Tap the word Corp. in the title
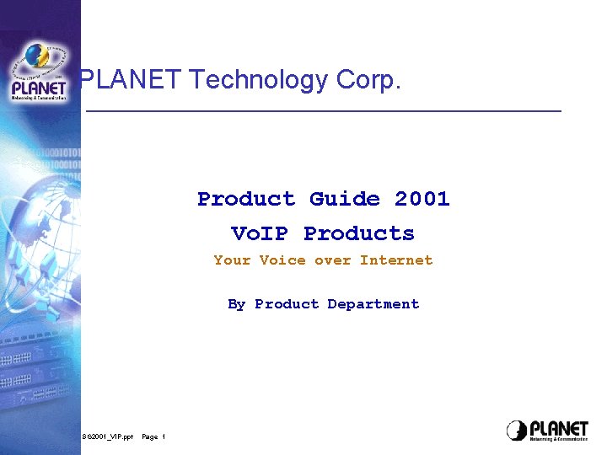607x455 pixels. [368, 80]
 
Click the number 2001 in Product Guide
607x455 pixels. [422, 199]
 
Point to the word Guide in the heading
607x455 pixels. [344, 199]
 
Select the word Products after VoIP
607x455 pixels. [359, 233]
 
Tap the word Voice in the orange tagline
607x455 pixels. [282, 260]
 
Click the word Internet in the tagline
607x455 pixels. [396, 260]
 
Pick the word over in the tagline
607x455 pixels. [332, 260]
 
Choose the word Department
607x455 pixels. [373, 304]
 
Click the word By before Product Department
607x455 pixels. [236, 304]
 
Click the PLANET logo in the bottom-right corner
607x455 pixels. [547, 430]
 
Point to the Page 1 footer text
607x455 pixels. [153, 436]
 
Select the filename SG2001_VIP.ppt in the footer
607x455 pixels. [108, 436]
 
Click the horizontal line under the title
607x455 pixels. [325, 111]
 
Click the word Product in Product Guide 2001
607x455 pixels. [246, 199]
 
